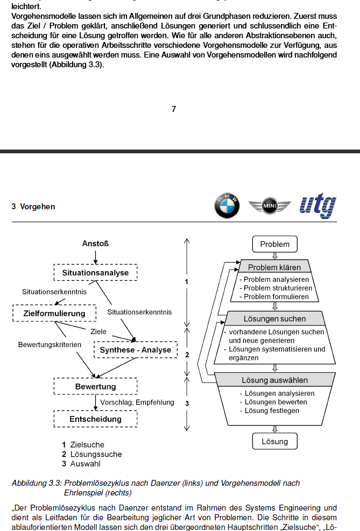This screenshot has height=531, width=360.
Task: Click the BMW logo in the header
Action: [x=227, y=206]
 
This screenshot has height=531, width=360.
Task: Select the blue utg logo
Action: [x=318, y=206]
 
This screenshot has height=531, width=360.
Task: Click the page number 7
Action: [x=174, y=109]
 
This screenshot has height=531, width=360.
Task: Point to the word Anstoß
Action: [x=95, y=244]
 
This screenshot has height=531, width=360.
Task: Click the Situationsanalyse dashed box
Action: [x=95, y=273]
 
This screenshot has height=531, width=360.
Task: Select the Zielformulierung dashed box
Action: [x=54, y=313]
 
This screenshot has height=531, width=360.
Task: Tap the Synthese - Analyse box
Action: [x=135, y=350]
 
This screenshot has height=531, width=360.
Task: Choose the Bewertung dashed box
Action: [x=95, y=387]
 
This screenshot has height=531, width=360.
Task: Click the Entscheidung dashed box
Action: [x=95, y=419]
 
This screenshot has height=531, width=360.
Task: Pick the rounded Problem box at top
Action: [x=274, y=244]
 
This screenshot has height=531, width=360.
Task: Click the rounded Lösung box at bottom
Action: [x=274, y=442]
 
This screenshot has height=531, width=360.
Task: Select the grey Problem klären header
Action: [x=274, y=267]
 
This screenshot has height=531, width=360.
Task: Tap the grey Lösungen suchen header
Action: [x=274, y=319]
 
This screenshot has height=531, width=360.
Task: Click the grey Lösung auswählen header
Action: [x=274, y=380]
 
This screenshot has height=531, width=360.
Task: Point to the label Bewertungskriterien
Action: [x=50, y=344]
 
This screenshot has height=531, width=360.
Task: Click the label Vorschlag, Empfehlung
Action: [x=137, y=402]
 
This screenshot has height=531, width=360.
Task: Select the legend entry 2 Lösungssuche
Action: [x=92, y=454]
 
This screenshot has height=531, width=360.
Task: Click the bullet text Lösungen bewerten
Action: [x=276, y=402]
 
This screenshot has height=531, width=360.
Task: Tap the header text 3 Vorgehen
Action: [x=33, y=207]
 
